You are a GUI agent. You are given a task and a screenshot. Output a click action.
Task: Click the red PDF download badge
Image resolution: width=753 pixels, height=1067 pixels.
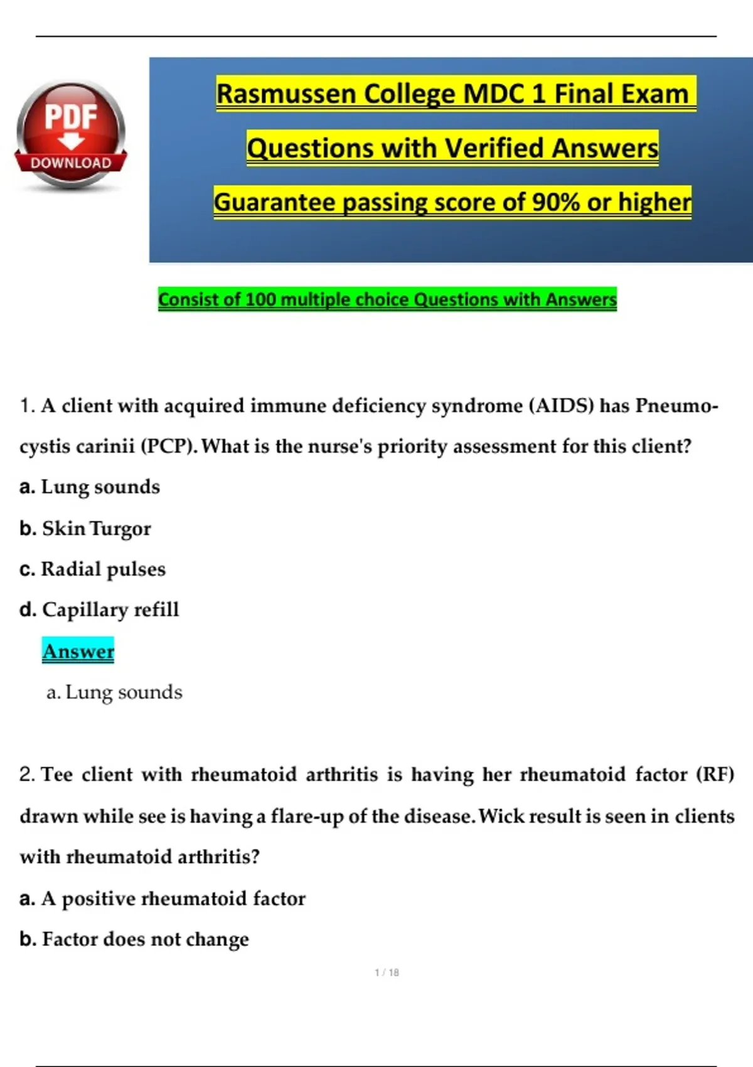[x=70, y=134]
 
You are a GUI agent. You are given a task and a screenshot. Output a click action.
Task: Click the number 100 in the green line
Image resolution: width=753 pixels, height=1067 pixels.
[x=260, y=299]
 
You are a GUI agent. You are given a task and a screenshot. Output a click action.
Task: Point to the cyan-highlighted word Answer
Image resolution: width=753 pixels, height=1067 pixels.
[x=78, y=651]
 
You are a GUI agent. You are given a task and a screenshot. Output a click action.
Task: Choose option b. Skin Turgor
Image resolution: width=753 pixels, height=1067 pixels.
[x=85, y=528]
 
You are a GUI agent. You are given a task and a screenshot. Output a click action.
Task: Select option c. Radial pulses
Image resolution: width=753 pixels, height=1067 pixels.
[x=93, y=569]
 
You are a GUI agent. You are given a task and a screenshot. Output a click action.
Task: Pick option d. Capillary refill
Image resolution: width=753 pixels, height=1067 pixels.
[x=99, y=609]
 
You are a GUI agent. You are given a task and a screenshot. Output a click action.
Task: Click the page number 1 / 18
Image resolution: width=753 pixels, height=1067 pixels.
[x=387, y=972]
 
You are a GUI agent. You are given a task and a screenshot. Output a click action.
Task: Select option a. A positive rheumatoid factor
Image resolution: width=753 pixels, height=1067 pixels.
[x=163, y=898]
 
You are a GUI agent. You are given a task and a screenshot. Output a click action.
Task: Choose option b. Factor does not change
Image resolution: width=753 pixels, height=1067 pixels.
[x=134, y=939]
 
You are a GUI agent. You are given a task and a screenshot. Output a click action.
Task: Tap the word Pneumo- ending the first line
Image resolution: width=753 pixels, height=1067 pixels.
[x=676, y=405]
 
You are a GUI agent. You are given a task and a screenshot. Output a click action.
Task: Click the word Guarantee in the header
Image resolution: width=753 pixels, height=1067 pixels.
[x=274, y=202]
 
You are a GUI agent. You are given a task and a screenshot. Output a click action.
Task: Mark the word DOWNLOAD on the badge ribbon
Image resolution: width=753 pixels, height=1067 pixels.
[x=71, y=163]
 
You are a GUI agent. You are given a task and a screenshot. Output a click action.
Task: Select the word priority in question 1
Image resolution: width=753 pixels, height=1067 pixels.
[x=413, y=446]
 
